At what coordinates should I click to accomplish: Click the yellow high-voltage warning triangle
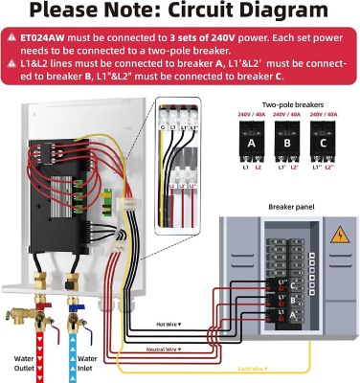[x=338, y=235]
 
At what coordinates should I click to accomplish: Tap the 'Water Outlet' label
[x=24, y=366]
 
